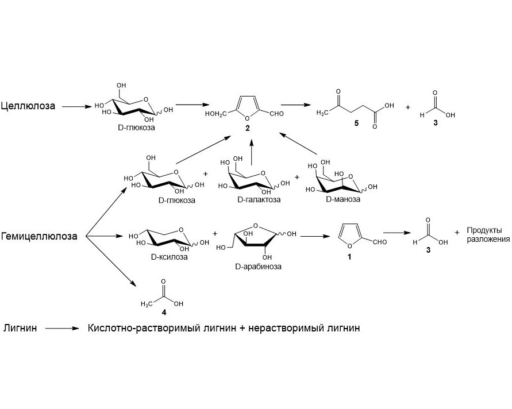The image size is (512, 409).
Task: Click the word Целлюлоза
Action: (x=28, y=106)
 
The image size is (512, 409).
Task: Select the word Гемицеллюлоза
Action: (x=39, y=236)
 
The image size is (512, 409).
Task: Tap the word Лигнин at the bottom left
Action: (x=20, y=329)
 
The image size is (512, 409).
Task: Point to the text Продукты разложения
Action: (x=487, y=236)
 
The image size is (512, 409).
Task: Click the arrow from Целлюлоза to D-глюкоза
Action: (x=76, y=107)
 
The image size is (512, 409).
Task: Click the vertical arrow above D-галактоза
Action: (x=251, y=154)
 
